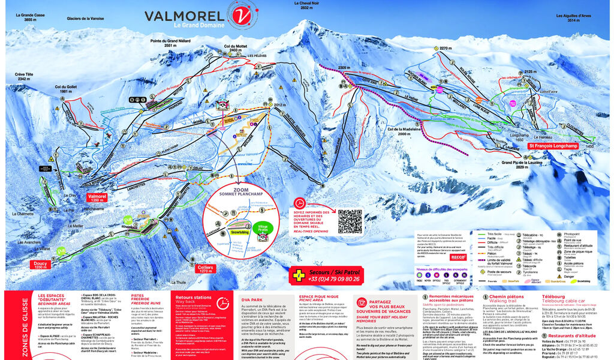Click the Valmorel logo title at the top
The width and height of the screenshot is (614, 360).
pyautogui.click(x=180, y=16)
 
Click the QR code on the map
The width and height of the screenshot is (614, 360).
pyautogui.click(x=350, y=221)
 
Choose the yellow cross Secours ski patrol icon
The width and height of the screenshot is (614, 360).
pyautogui.click(x=297, y=275)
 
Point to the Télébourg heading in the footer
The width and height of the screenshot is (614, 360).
pyautogui.click(x=558, y=296)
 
